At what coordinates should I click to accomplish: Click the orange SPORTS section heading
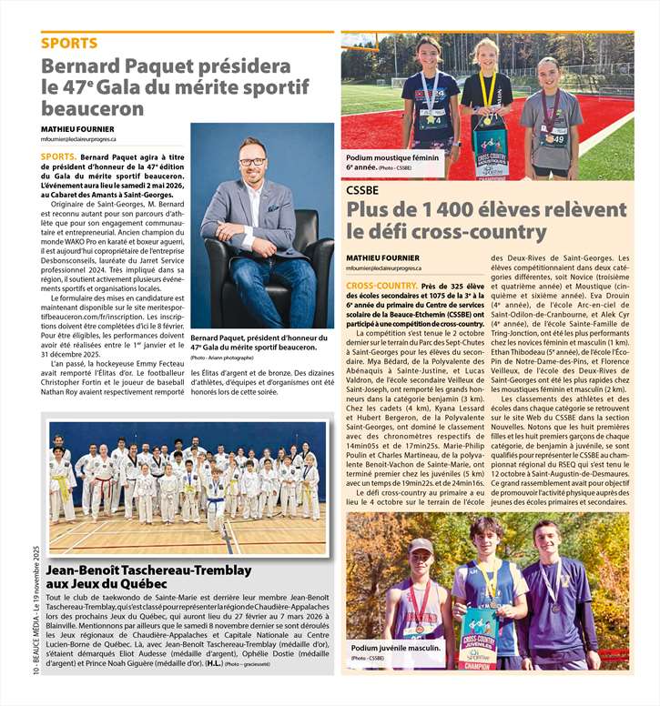(x=69, y=43)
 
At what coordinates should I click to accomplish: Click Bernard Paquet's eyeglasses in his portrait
(x=252, y=162)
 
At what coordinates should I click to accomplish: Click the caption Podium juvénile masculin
(x=396, y=649)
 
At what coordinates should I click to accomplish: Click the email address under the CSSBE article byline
(x=383, y=268)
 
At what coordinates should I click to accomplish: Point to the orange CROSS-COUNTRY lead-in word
(x=381, y=286)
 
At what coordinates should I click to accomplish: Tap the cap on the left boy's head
(x=420, y=545)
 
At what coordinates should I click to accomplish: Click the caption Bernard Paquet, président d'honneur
(x=252, y=342)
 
